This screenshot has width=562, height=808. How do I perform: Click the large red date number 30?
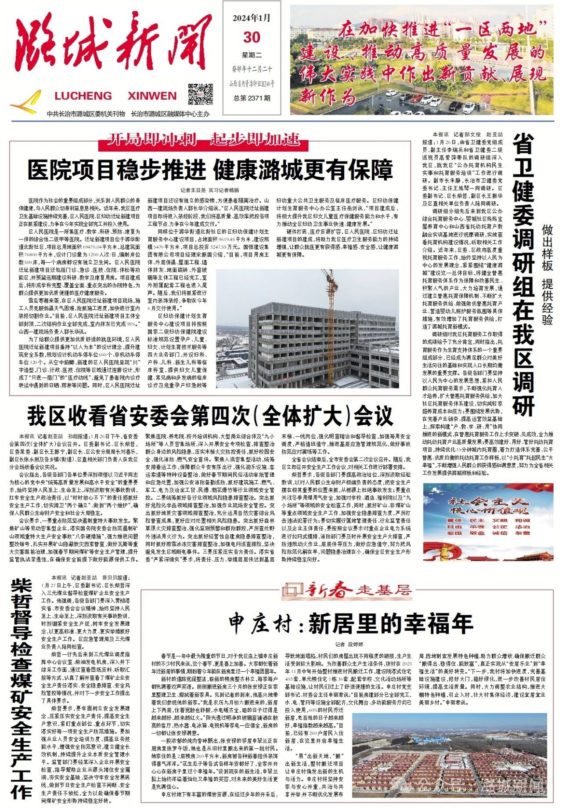click(252, 37)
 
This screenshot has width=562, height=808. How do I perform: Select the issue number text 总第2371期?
click(252, 98)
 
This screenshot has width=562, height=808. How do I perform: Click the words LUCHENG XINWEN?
click(115, 96)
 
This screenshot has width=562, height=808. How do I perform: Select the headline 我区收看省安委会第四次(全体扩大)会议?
click(210, 415)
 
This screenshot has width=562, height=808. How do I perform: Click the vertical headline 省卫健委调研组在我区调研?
click(523, 275)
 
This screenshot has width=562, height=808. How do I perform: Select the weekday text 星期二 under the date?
click(252, 55)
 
